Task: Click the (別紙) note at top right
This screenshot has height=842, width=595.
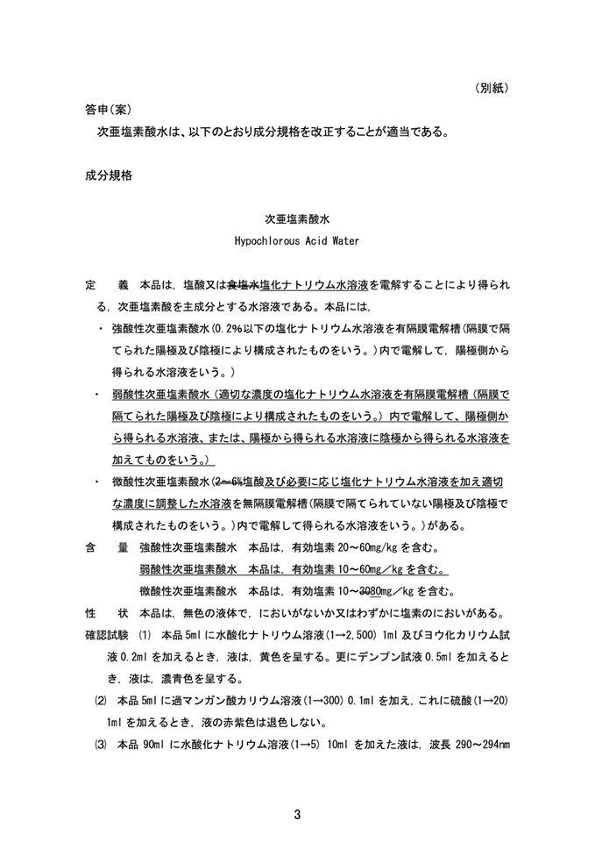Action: point(493,89)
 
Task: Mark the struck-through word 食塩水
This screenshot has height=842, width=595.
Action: point(243,286)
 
